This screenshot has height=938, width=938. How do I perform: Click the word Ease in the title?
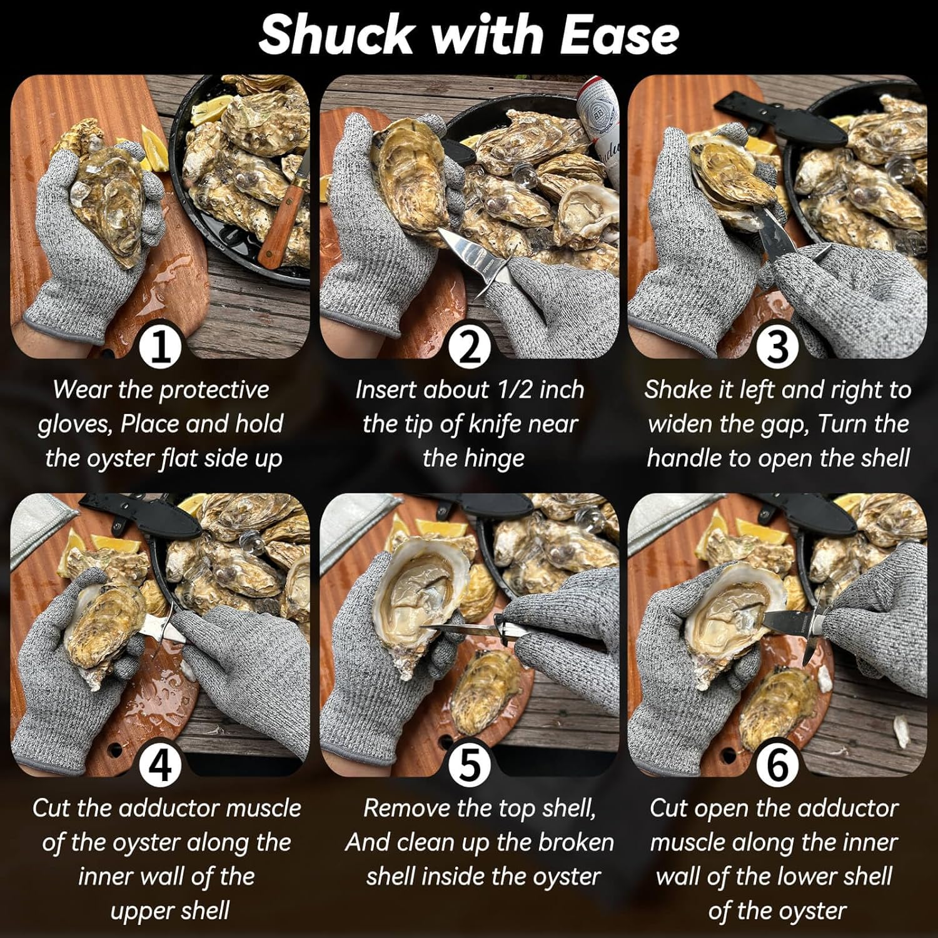(618, 35)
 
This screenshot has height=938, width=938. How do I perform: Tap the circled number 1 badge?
(160, 347)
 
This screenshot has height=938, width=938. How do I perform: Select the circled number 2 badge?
(469, 347)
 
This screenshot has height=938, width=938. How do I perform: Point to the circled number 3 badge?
(777, 347)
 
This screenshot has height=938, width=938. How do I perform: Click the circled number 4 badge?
(160, 765)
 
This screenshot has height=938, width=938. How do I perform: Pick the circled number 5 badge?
(469, 765)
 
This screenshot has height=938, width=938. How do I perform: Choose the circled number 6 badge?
(777, 765)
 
